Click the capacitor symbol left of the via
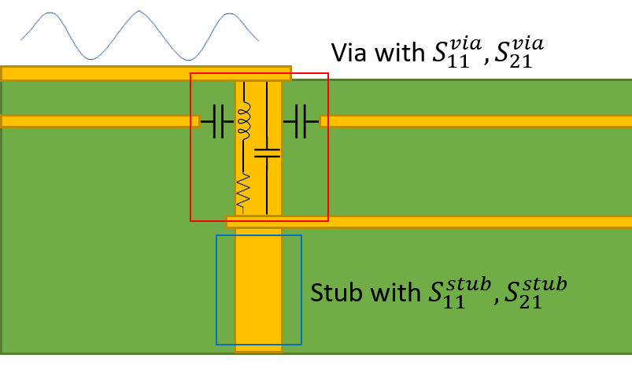(217, 121)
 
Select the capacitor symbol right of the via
(301, 121)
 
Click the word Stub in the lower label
(335, 293)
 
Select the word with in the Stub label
(393, 293)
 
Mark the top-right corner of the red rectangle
(328, 73)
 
